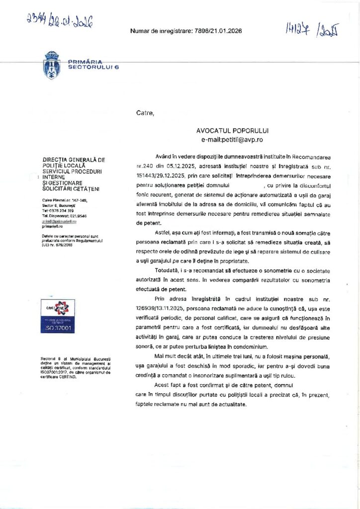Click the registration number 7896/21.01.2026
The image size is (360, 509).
click(217, 31)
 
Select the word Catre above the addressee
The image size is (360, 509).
click(145, 113)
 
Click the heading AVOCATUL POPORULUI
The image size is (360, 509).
click(232, 130)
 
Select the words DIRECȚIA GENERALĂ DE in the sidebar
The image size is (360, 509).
click(74, 160)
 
